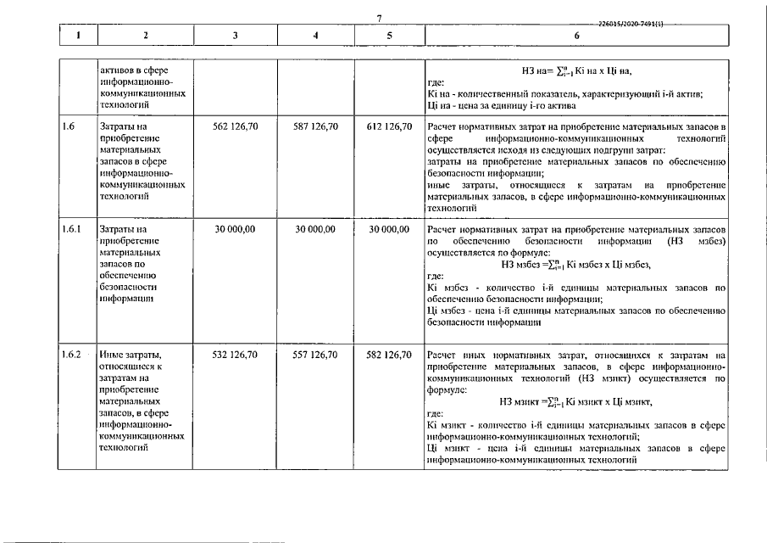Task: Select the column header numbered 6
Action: click(576, 36)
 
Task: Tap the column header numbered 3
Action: click(235, 36)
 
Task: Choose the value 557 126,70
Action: click(315, 355)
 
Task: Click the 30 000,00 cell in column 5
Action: click(389, 229)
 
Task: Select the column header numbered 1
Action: click(78, 36)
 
